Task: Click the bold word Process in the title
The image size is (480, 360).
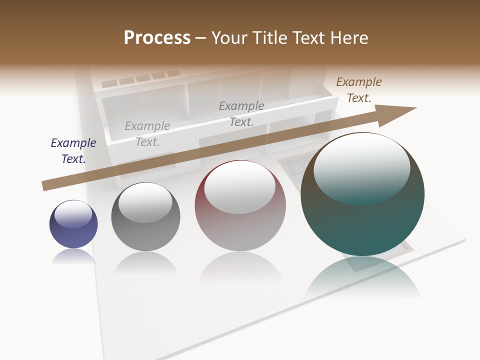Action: (157, 37)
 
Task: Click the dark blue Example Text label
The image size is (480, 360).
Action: (73, 150)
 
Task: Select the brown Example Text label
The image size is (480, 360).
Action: (358, 90)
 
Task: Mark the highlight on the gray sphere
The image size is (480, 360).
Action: (145, 202)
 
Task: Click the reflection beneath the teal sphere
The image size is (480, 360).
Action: (362, 277)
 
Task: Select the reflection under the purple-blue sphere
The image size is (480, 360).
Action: (73, 256)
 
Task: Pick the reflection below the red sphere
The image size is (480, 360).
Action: (240, 267)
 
